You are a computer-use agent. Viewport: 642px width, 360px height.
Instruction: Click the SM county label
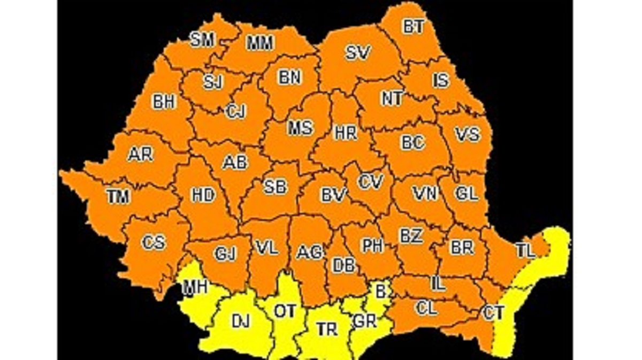click(202, 41)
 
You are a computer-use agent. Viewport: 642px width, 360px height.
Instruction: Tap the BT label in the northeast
click(413, 27)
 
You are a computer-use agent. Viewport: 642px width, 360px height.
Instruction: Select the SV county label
click(358, 52)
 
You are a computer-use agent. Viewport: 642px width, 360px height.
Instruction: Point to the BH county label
click(164, 102)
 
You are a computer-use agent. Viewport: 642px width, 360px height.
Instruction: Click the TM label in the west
click(118, 196)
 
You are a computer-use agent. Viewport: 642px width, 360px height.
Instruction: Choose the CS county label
click(153, 242)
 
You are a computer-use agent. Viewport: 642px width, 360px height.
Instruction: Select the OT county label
click(285, 311)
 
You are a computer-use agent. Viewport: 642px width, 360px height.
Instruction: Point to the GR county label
click(365, 322)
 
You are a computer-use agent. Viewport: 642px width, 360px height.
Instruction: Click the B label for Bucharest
click(380, 292)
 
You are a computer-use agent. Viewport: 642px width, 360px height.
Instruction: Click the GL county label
click(467, 193)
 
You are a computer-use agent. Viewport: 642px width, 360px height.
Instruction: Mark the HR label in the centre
click(345, 132)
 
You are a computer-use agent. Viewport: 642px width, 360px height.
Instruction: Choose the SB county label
click(275, 187)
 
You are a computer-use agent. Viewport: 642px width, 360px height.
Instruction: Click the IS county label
click(440, 81)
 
